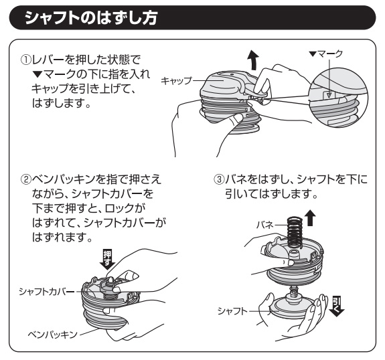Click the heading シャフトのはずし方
pyautogui.click(x=91, y=17)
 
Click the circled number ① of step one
pyautogui.click(x=26, y=60)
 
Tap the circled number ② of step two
pyautogui.click(x=26, y=179)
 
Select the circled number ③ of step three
pyautogui.click(x=219, y=179)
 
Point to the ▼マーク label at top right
pyautogui.click(x=326, y=54)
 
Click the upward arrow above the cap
pyautogui.click(x=254, y=60)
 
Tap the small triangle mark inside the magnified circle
pyautogui.click(x=329, y=95)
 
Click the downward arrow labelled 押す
pyautogui.click(x=107, y=260)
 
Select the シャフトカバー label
pyautogui.click(x=47, y=292)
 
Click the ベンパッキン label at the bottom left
pyautogui.click(x=52, y=334)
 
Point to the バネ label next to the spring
pyautogui.click(x=265, y=225)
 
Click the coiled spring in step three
pyautogui.click(x=295, y=232)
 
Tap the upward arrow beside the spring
pyautogui.click(x=310, y=218)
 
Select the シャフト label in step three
pyautogui.click(x=232, y=311)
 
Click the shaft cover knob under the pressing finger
pyautogui.click(x=110, y=284)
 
